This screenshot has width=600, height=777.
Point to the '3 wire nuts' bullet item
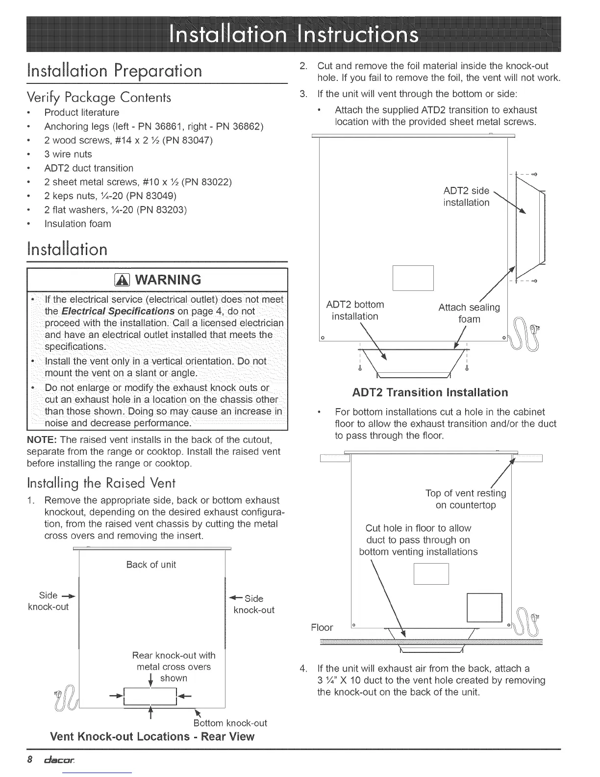[68, 154]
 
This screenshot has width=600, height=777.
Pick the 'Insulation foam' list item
[77, 224]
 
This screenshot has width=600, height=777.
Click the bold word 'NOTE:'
[43, 440]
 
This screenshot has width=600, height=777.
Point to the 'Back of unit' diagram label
[151, 565]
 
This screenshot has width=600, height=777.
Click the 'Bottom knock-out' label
[230, 723]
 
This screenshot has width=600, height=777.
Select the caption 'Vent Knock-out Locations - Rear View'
[152, 737]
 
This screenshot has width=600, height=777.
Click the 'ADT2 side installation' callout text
[466, 197]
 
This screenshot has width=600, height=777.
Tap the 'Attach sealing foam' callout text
[469, 313]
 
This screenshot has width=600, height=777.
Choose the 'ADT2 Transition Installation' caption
[430, 392]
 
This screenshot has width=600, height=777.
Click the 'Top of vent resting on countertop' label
[466, 499]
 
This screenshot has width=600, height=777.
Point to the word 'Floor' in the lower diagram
[322, 627]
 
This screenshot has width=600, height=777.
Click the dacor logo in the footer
[58, 760]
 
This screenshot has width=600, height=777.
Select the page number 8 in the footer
[30, 760]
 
